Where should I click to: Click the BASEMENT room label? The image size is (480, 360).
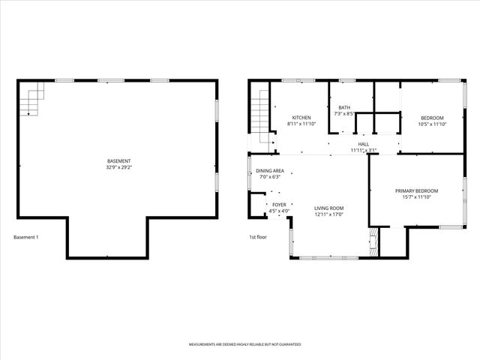(x=118, y=161)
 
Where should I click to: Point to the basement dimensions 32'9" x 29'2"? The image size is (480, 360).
(x=118, y=167)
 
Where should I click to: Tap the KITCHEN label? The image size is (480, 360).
(x=301, y=118)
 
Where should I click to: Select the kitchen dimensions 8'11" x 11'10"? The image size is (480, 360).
(x=301, y=124)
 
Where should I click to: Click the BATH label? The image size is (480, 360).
(x=344, y=107)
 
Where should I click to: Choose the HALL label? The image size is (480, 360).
(x=364, y=144)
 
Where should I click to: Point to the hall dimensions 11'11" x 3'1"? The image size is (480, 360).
(x=364, y=150)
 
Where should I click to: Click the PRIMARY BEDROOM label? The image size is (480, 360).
(x=416, y=190)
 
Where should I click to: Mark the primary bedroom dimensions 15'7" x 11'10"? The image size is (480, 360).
(x=416, y=197)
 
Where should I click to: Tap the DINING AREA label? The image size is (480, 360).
(x=270, y=171)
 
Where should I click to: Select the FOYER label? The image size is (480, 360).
(x=279, y=205)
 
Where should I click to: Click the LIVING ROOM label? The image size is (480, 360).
(x=328, y=208)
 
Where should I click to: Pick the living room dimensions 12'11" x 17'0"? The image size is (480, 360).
(x=328, y=214)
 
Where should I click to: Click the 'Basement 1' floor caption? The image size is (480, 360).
(x=25, y=238)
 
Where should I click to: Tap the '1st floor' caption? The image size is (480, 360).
(x=259, y=238)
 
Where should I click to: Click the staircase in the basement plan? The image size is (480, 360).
(x=32, y=99)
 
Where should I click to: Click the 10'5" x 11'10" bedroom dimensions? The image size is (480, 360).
(x=432, y=124)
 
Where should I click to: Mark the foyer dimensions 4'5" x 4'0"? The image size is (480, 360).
(x=279, y=211)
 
